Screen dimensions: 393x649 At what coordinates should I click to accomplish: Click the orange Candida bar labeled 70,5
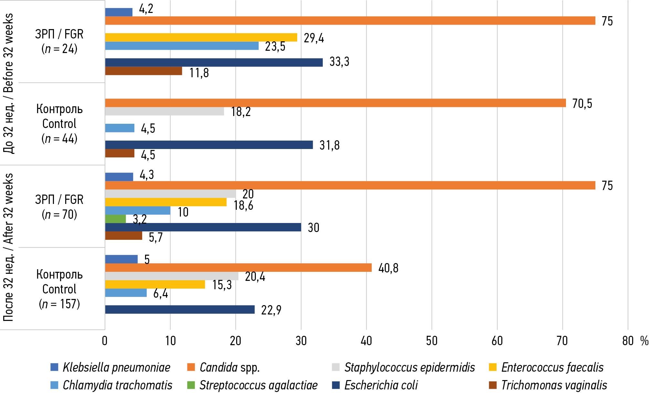point(335,103)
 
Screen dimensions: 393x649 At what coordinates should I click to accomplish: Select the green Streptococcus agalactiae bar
point(115,219)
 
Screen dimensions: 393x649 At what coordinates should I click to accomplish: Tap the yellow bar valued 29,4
point(201,37)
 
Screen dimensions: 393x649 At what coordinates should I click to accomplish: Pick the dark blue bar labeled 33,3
point(214,62)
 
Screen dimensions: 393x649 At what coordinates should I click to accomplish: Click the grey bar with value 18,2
point(164,111)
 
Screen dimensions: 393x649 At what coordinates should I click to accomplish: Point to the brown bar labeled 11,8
point(143,71)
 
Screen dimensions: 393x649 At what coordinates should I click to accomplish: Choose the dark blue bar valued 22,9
point(180,310)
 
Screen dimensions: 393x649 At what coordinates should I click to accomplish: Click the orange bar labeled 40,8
point(238,268)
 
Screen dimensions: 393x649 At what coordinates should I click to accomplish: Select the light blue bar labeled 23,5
point(182,46)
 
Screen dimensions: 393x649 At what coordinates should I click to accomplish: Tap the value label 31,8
point(330,145)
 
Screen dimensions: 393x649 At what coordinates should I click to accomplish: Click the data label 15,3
point(222,285)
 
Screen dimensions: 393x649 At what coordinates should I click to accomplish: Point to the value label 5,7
point(156,238)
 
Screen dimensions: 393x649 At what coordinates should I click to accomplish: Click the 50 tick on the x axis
point(432,341)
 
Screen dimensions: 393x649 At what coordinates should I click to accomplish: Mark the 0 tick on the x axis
point(105,341)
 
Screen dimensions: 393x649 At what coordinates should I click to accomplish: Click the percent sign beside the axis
point(644,341)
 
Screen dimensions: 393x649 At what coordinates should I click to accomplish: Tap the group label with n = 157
point(59,289)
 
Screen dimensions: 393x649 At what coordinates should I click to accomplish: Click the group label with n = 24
point(59,41)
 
